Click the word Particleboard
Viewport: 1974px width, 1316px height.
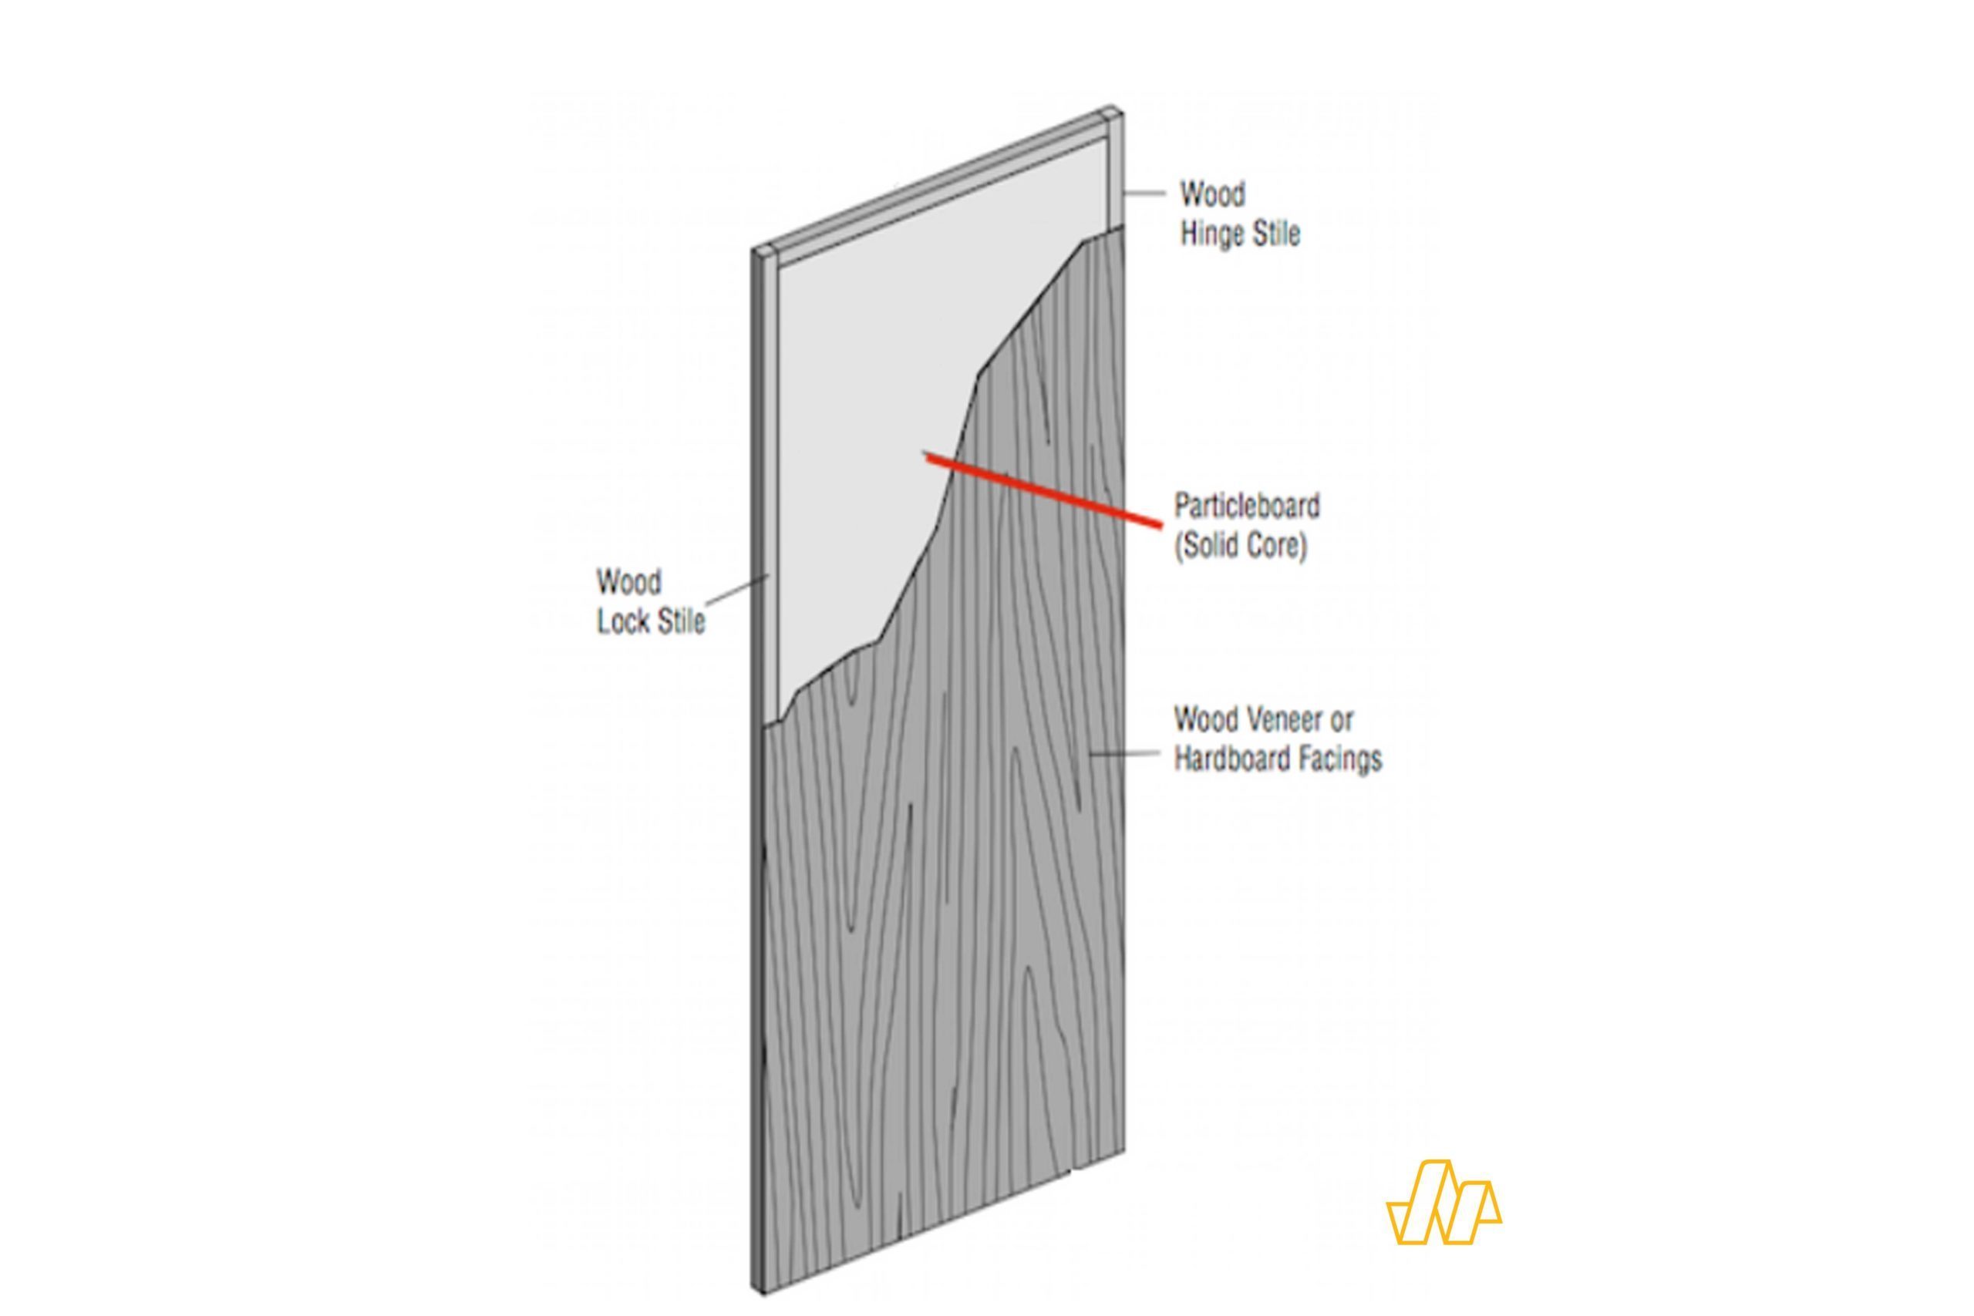coord(1246,506)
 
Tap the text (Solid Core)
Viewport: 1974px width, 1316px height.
coord(1241,547)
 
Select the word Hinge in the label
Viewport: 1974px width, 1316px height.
coord(1209,234)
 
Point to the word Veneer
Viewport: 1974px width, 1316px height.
coord(1292,719)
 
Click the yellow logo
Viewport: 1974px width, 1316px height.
coord(1443,1202)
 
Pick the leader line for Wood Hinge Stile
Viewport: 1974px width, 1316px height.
coord(1144,193)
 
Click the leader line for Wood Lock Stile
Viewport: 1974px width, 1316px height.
coord(737,589)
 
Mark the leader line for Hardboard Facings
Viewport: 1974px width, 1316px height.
coord(1125,754)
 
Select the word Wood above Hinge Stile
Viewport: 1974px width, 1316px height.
coord(1212,194)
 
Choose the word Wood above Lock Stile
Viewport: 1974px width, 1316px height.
coord(628,581)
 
